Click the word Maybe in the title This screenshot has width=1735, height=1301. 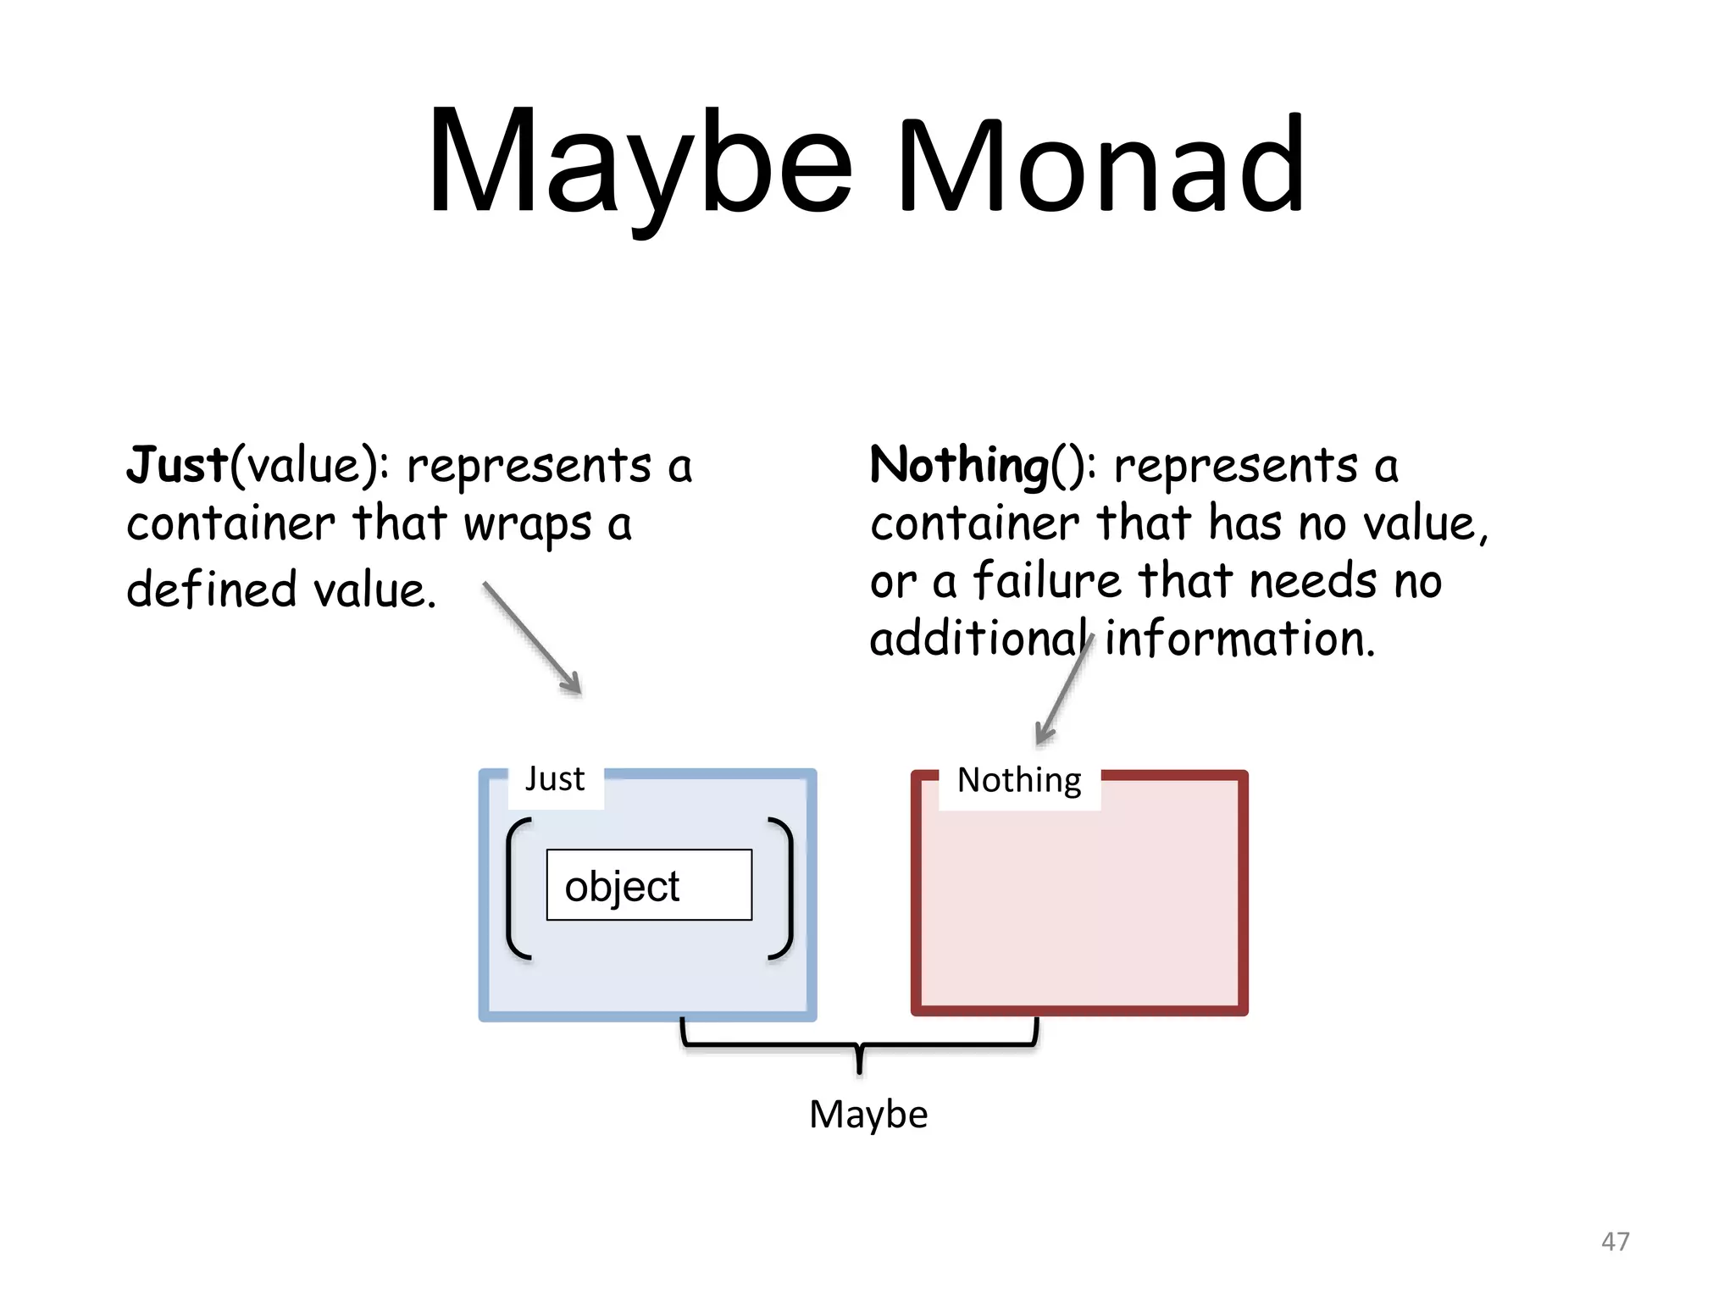pos(640,165)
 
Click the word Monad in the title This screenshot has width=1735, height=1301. pos(1101,165)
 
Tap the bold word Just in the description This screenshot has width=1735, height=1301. pos(177,465)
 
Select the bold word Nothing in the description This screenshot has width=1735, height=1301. pos(959,465)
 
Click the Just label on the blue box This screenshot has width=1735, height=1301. pos(555,779)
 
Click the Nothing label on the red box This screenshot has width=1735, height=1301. pos(1019,780)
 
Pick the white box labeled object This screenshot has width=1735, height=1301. pos(649,885)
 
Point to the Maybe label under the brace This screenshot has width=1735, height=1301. pos(868,1115)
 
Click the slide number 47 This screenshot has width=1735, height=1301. pos(1615,1242)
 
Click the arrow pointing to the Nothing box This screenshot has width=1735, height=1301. pos(1063,690)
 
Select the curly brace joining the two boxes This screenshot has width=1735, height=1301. pos(859,1046)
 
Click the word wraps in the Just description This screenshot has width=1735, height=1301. pos(527,524)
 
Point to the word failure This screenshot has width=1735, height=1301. pos(1047,582)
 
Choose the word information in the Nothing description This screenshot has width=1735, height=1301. pos(1239,639)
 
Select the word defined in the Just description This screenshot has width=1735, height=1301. pos(212,590)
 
